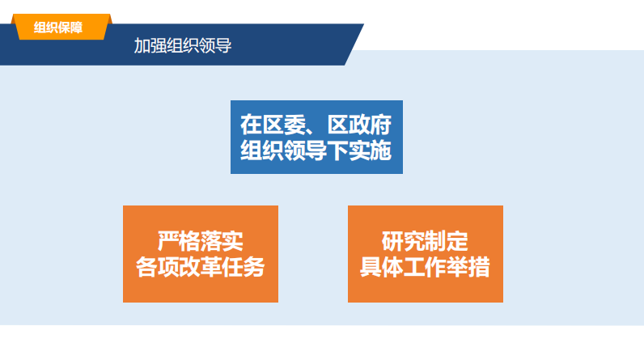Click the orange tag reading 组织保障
(61, 27)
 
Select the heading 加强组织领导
(183, 45)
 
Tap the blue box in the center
(316, 137)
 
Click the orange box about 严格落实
(201, 254)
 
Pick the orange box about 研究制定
(426, 254)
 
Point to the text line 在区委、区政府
(316, 125)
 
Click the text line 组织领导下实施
(316, 150)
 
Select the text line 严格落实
(201, 241)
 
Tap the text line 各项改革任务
(201, 267)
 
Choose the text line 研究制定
(425, 241)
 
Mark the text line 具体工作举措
(425, 267)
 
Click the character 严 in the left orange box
(168, 241)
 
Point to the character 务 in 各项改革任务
(254, 267)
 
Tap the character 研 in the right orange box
(392, 241)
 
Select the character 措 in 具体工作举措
(479, 267)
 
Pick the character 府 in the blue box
(381, 125)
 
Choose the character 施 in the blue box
(381, 150)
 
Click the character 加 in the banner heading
(142, 45)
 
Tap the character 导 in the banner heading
(224, 45)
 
